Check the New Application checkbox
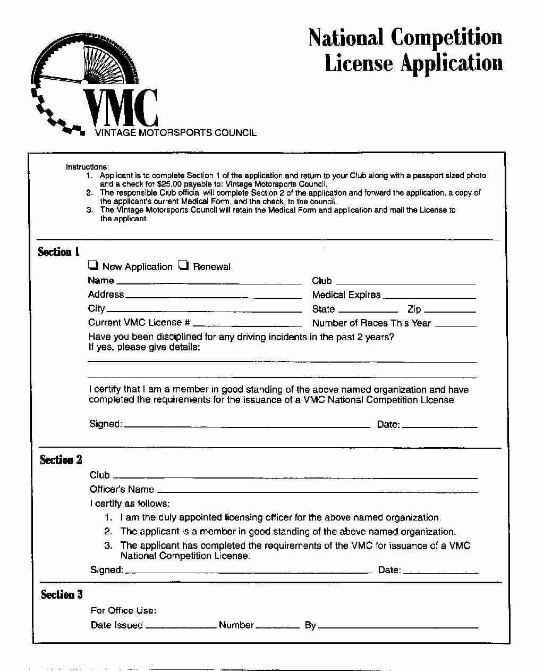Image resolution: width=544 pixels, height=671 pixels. coord(93,265)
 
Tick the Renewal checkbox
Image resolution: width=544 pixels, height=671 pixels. coord(183,265)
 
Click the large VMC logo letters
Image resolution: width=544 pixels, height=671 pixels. coord(121,108)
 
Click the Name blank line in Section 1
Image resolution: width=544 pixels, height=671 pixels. coord(208,282)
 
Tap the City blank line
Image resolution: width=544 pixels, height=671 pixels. coord(204,310)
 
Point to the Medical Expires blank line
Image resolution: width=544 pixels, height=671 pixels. coord(429,296)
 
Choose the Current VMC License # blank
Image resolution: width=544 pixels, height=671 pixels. coord(247,324)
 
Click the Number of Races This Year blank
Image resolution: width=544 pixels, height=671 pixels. coord(455,324)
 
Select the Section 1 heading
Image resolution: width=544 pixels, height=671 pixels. coord(58,251)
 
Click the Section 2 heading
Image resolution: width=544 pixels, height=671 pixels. coord(61,460)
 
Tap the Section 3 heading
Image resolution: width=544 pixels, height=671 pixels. coord(62,594)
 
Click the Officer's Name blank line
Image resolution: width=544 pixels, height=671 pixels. coord(317,491)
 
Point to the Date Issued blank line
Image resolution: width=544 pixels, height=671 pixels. coord(181,627)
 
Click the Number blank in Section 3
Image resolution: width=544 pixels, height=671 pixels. coord(277,627)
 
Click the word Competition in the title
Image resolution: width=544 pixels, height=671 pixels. coord(446,37)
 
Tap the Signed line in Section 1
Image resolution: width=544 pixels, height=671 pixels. coord(246,425)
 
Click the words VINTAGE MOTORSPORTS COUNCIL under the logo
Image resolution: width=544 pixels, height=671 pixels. coord(175,133)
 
